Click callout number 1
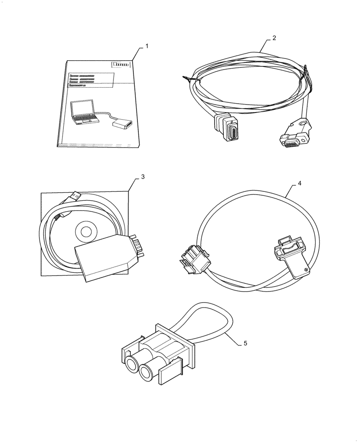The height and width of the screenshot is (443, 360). tap(147, 46)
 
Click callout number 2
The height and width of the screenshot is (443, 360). tap(274, 38)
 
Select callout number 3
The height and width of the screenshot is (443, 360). tap(143, 177)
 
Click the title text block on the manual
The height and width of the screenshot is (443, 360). tap(86, 82)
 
